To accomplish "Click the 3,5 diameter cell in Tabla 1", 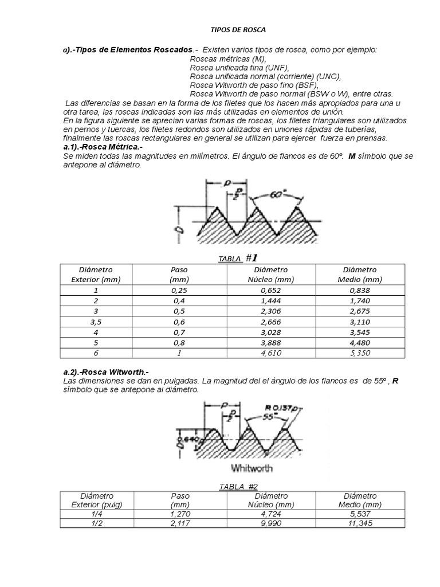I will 96,323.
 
